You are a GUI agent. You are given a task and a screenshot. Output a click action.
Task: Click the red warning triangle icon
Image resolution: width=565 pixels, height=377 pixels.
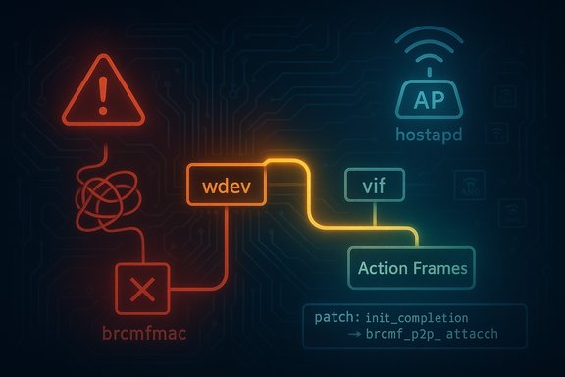point(103,92)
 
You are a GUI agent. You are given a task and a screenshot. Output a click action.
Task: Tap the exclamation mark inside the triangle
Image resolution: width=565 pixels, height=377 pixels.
point(103,94)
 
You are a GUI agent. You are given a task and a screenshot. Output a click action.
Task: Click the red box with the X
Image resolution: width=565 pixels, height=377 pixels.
point(142,289)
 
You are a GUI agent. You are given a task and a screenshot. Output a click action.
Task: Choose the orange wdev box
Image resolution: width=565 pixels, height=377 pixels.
point(226,185)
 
